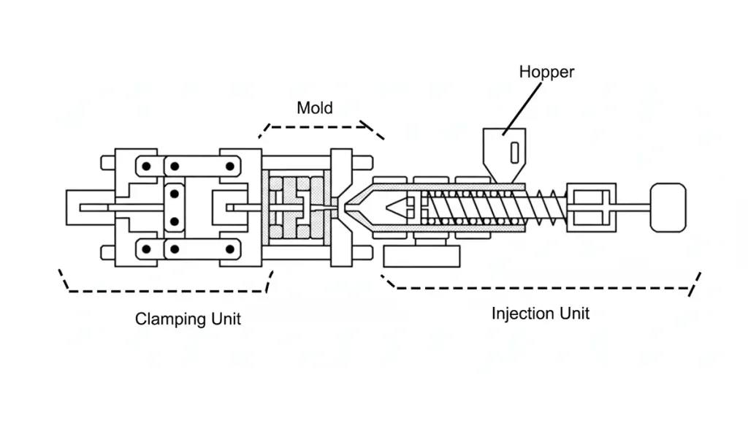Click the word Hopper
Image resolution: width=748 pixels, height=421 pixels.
click(x=546, y=72)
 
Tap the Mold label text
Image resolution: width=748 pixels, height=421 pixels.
click(x=314, y=108)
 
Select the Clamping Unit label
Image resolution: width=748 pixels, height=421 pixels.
click(x=188, y=319)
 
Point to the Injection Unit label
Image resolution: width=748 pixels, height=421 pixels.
click(x=540, y=314)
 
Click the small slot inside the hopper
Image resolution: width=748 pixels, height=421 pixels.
click(x=514, y=153)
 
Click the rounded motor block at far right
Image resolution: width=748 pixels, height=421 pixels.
click(x=668, y=208)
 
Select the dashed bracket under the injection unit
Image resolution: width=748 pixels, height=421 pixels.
click(x=541, y=287)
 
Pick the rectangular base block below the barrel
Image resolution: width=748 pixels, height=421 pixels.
click(x=421, y=256)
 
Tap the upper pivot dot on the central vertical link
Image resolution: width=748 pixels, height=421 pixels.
click(x=175, y=194)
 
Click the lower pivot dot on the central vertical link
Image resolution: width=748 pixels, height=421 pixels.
click(x=175, y=221)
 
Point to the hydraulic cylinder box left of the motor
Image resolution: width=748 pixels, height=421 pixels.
click(x=591, y=208)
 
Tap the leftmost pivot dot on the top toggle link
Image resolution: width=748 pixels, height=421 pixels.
click(x=147, y=166)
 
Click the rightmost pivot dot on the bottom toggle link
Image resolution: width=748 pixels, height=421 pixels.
click(x=230, y=249)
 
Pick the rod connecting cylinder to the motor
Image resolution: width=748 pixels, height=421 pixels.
click(x=632, y=208)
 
